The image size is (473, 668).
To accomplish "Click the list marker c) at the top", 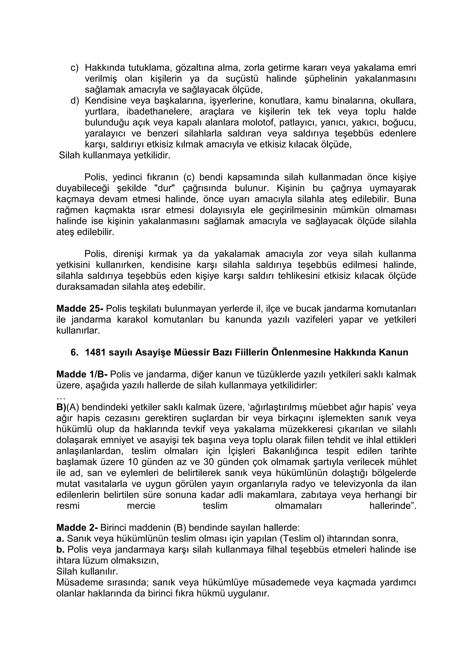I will tap(75, 68).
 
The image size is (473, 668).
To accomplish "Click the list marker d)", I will tap(75, 101).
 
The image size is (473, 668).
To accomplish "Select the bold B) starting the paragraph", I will tap(61, 407).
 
